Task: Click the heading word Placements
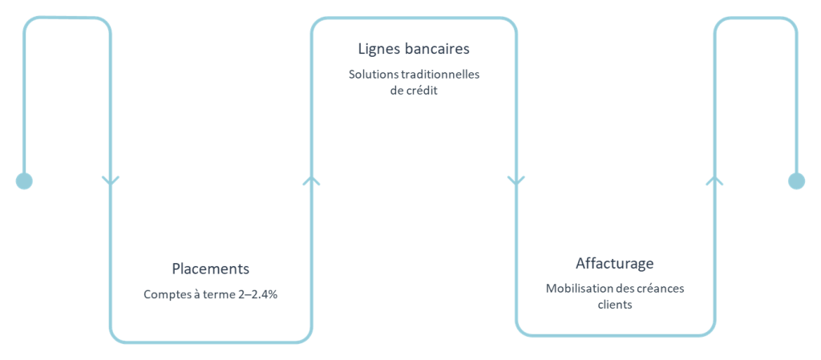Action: click(210, 268)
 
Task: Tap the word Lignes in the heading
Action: click(378, 49)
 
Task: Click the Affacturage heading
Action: click(615, 263)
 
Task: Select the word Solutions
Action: click(372, 75)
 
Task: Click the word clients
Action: click(615, 304)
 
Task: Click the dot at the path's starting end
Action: click(24, 181)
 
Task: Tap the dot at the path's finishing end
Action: click(795, 181)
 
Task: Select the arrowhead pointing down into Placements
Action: click(111, 181)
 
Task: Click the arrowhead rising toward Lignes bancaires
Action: click(311, 181)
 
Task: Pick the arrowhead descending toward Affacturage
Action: click(516, 181)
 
